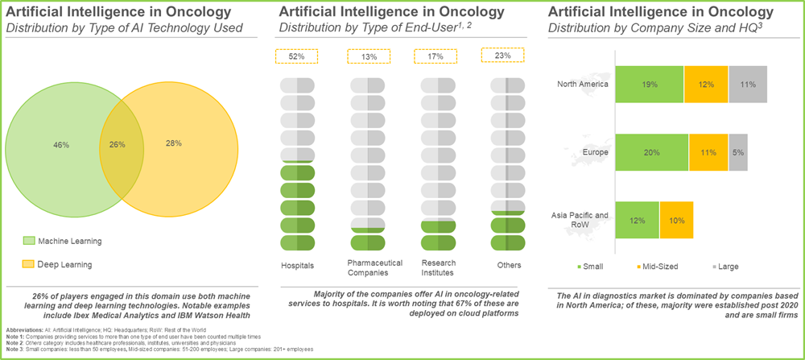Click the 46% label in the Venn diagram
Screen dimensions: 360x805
[x=61, y=144]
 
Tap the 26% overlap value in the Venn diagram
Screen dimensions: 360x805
[x=118, y=144]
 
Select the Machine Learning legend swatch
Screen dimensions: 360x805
[x=30, y=240]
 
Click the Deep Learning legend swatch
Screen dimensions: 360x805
[x=30, y=263]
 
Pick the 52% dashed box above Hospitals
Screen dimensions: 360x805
[x=296, y=56]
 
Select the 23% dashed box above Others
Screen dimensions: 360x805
[x=503, y=56]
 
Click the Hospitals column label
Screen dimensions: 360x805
[x=297, y=264]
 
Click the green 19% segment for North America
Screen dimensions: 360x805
[x=649, y=84]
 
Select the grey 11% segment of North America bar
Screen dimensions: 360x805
[x=747, y=84]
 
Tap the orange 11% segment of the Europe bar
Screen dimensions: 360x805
[x=708, y=152]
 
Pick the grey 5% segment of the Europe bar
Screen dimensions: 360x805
[x=737, y=152]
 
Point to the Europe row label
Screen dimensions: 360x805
[x=597, y=151]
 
